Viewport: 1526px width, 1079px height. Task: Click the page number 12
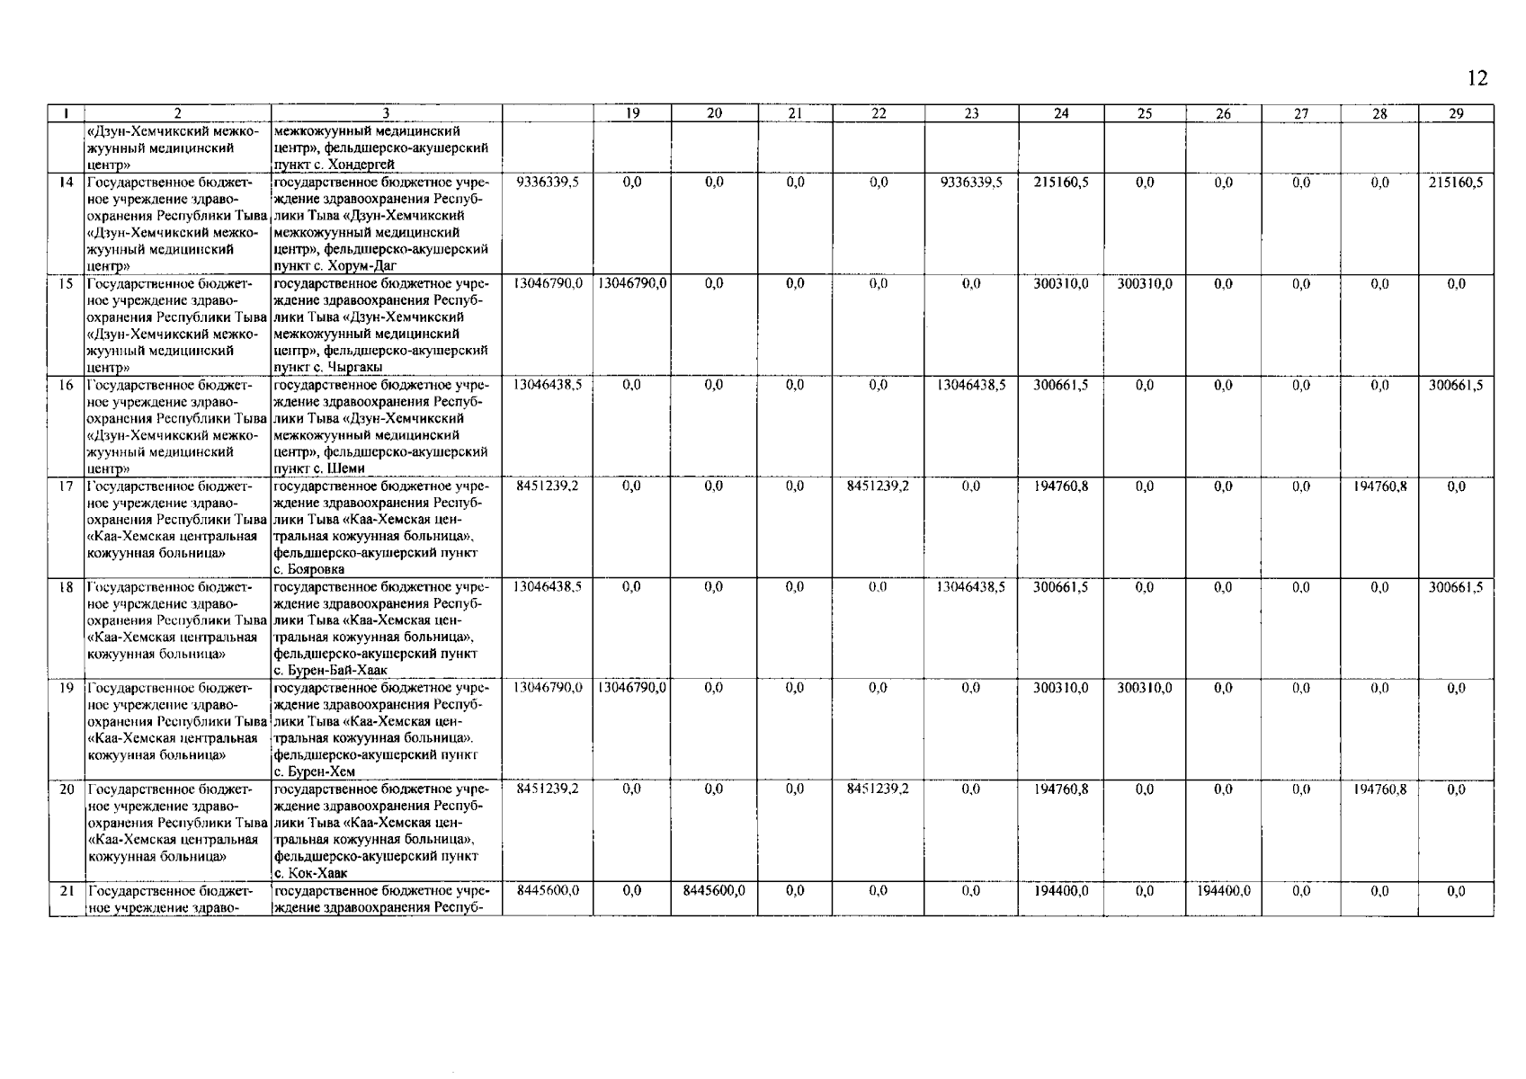[1477, 78]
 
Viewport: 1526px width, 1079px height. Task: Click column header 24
[1061, 113]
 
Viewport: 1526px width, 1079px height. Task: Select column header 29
[1456, 113]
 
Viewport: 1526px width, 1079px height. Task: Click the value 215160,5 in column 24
[1061, 183]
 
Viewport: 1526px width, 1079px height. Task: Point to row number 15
[66, 284]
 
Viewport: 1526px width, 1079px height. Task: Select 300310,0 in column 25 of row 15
[1145, 284]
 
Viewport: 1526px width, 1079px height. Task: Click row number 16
[66, 386]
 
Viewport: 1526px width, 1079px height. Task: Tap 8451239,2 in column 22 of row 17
[878, 486]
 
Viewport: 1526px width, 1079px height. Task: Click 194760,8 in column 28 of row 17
[1379, 486]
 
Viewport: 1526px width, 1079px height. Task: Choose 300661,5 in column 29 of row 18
[1456, 588]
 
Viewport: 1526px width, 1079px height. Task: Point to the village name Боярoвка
[315, 570]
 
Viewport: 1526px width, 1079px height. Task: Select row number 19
[66, 689]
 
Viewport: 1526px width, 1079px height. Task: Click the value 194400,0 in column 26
[1223, 891]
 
